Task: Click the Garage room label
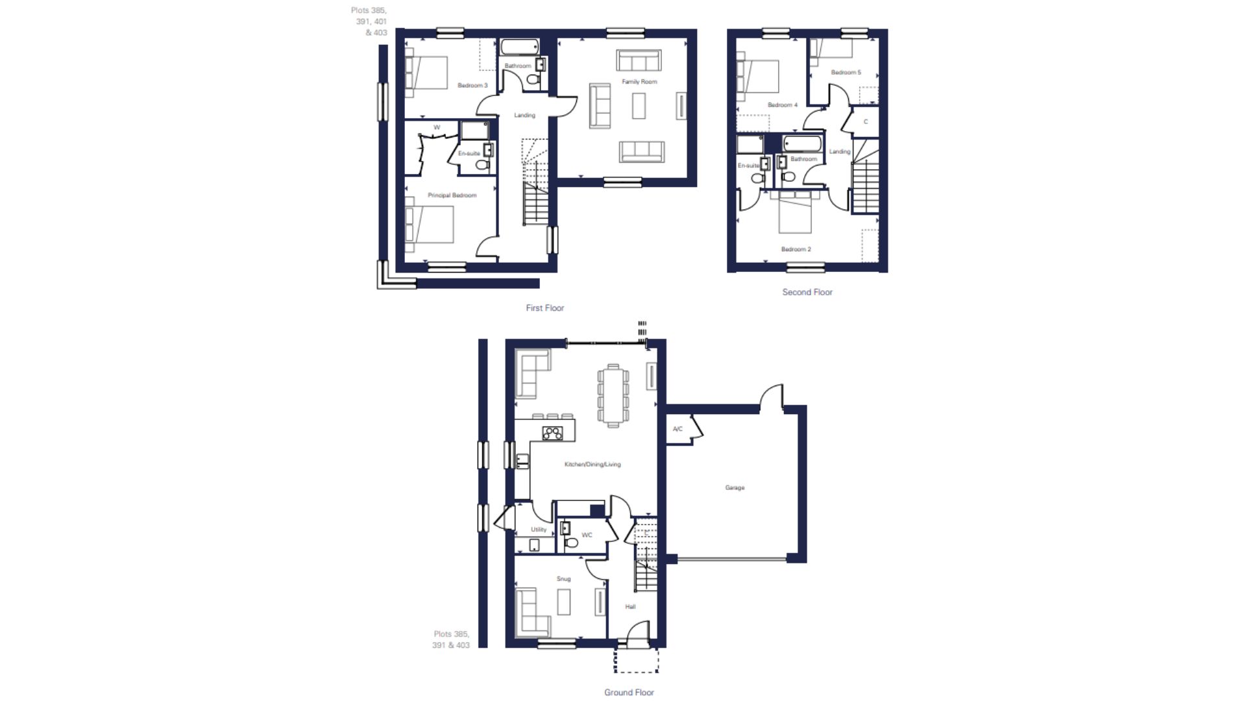pyautogui.click(x=735, y=487)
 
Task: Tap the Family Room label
pyautogui.click(x=639, y=82)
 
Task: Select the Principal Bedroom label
pyautogui.click(x=452, y=195)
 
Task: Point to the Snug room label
pyautogui.click(x=563, y=579)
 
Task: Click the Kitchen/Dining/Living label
pyautogui.click(x=592, y=464)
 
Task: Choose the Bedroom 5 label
pyautogui.click(x=846, y=72)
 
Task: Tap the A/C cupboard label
pyautogui.click(x=678, y=429)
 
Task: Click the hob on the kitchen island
pyautogui.click(x=552, y=433)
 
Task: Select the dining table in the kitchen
pyautogui.click(x=613, y=396)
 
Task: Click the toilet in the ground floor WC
pyautogui.click(x=572, y=541)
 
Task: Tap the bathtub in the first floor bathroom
pyautogui.click(x=519, y=47)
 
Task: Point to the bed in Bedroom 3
pyautogui.click(x=427, y=73)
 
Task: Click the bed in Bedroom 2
pyautogui.click(x=795, y=212)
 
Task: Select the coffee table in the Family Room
pyautogui.click(x=639, y=106)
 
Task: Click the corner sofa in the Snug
pyautogui.click(x=533, y=613)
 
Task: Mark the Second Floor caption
pyautogui.click(x=807, y=292)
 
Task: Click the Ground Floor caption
pyautogui.click(x=629, y=693)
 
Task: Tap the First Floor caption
pyautogui.click(x=545, y=308)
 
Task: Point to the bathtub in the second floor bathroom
pyautogui.click(x=802, y=143)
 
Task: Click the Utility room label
pyautogui.click(x=539, y=530)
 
